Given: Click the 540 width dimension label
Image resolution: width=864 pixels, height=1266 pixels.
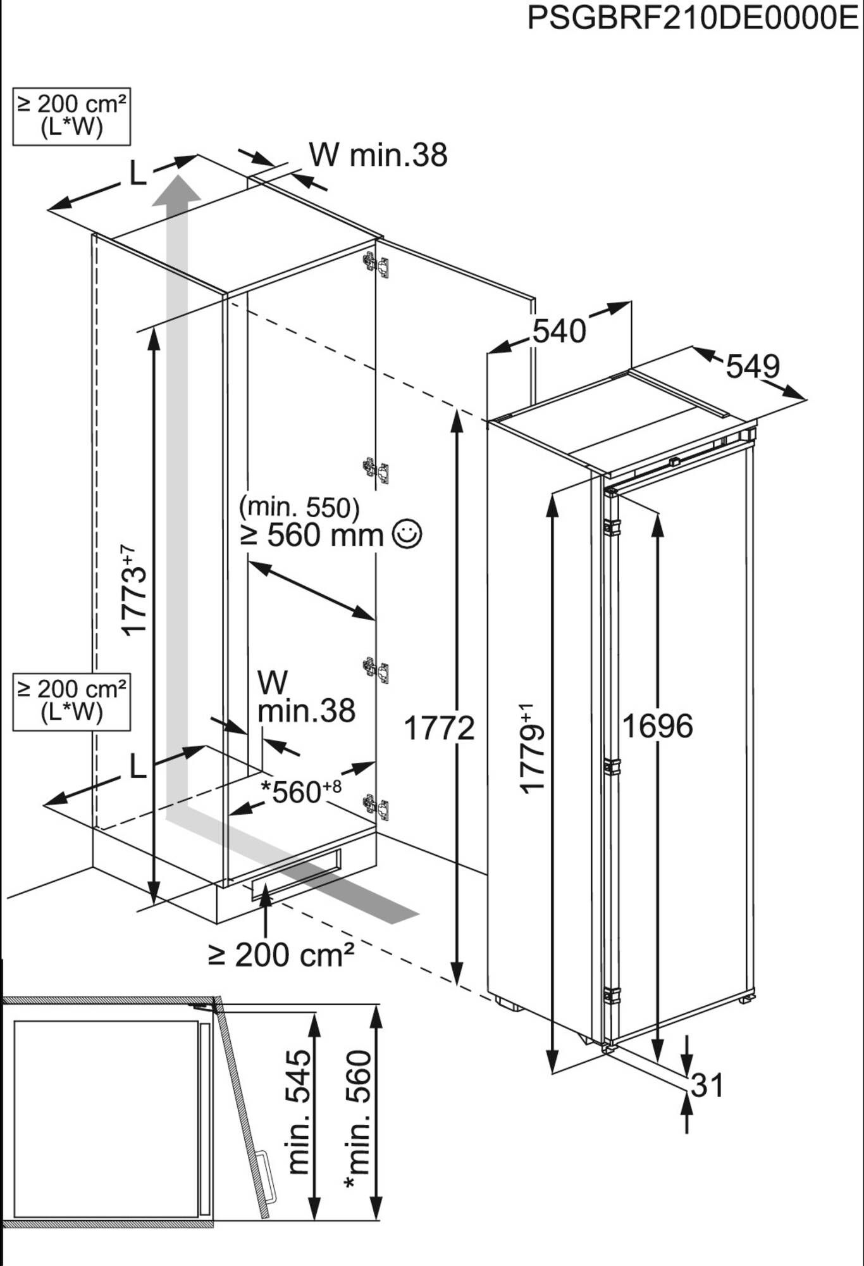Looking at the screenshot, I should point(559,332).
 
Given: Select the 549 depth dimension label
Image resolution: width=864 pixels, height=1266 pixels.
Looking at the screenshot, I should point(752,366).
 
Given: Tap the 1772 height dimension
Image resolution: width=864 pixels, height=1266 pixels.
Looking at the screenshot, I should point(439,728).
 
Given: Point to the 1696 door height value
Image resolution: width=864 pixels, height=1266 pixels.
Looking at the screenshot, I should point(658,726).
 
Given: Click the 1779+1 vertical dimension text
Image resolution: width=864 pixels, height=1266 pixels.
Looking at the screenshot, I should point(531,747).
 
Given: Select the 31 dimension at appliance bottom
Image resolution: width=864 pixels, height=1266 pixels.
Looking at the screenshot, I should point(707,1086).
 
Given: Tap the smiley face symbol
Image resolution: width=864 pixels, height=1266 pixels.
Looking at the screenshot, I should point(407,534).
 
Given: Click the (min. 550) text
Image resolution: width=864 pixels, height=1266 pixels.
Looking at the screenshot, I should point(299,507).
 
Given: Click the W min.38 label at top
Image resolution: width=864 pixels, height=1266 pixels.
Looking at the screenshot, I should point(378,155).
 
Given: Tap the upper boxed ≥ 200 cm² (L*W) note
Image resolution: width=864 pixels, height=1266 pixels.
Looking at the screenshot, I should point(71,116).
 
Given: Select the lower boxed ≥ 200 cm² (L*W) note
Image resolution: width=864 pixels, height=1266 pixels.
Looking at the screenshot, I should point(71,701).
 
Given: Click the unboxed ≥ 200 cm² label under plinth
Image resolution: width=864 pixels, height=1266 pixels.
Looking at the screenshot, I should point(281,955).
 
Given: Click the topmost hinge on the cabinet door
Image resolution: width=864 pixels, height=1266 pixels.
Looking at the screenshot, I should point(376,264).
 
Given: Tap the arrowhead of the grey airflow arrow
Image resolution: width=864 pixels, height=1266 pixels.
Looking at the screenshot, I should point(176,189).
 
